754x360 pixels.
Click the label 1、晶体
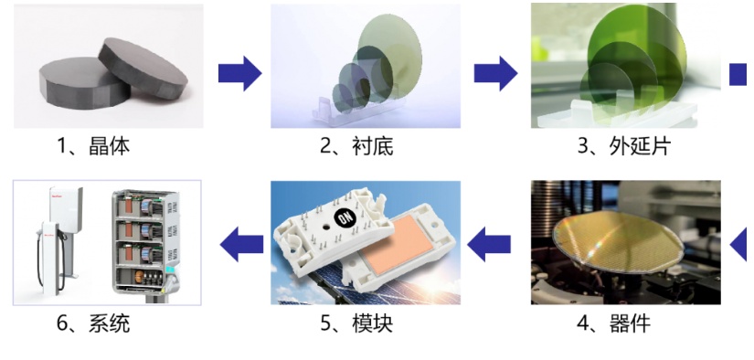point(93,145)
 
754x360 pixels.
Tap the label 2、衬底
point(356,145)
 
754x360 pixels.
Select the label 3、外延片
point(624,145)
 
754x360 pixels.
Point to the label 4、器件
point(613,323)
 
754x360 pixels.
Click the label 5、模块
point(356,323)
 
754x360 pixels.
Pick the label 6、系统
point(93,323)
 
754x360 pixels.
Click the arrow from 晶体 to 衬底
point(240,73)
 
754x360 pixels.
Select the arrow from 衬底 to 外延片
point(495,73)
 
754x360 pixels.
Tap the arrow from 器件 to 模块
point(489,244)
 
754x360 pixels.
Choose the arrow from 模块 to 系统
point(242,244)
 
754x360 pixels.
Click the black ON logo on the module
point(345,218)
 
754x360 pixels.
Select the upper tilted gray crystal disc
point(143,68)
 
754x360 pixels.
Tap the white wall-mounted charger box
point(66,206)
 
